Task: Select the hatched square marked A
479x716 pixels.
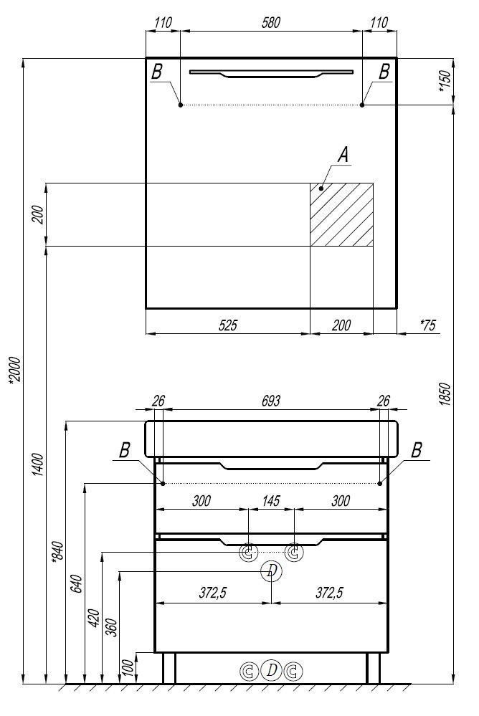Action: pyautogui.click(x=341, y=214)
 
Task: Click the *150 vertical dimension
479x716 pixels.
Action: pyautogui.click(x=444, y=81)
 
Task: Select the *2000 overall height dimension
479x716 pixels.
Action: pyautogui.click(x=14, y=373)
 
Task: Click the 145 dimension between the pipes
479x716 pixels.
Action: pyautogui.click(x=270, y=501)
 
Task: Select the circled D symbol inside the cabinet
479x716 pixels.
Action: pyautogui.click(x=271, y=571)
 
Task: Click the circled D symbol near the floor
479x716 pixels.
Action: pyautogui.click(x=271, y=670)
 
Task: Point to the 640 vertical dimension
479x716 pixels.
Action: pyautogui.click(x=77, y=584)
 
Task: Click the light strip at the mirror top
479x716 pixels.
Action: pyautogui.click(x=271, y=73)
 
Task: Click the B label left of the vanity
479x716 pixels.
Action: pyautogui.click(x=125, y=450)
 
